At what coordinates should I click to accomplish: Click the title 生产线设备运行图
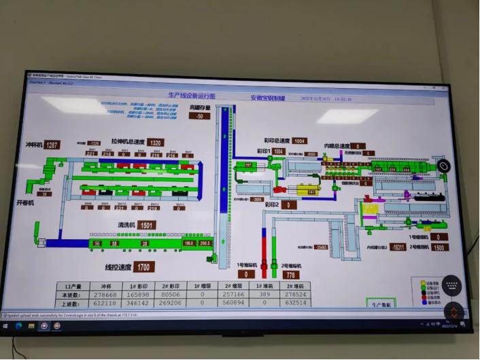pyautogui.click(x=191, y=96)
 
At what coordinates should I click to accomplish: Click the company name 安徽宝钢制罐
pyautogui.click(x=269, y=98)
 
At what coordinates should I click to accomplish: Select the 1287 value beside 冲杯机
pyautogui.click(x=52, y=145)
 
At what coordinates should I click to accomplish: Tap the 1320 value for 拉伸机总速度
pyautogui.click(x=156, y=143)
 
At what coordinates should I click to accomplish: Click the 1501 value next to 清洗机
pyautogui.click(x=147, y=225)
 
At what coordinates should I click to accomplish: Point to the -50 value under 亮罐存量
pyautogui.click(x=200, y=116)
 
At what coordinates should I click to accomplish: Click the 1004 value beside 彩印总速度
pyautogui.click(x=300, y=141)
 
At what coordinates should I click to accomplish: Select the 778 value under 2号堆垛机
pyautogui.click(x=292, y=274)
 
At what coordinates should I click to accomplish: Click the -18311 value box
pyautogui.click(x=398, y=248)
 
